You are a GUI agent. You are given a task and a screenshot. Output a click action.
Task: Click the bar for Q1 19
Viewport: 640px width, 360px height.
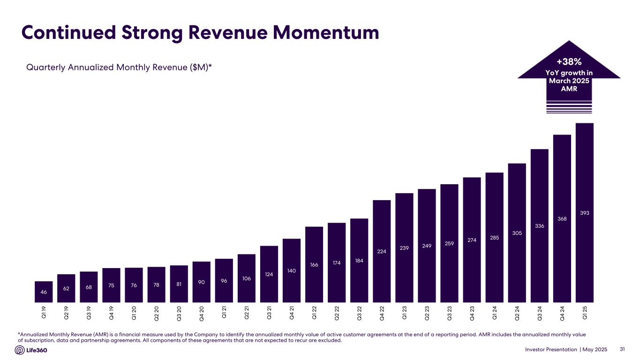[44, 292]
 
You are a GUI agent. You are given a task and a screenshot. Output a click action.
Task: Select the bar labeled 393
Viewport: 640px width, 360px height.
[584, 213]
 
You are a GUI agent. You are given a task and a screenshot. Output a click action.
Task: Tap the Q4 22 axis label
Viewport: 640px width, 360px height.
[382, 312]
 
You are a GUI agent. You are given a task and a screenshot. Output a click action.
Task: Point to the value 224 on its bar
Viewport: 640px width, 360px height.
[382, 251]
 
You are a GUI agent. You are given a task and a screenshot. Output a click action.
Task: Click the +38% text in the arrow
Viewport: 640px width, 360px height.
[569, 62]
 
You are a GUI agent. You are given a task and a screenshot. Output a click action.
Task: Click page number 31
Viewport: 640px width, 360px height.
[623, 349]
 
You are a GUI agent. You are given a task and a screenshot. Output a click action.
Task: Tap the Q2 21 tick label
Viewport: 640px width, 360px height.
[247, 312]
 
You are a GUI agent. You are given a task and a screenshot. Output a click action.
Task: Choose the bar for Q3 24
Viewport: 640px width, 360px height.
[539, 225]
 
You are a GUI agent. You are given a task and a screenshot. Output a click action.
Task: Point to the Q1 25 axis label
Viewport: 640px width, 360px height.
[584, 312]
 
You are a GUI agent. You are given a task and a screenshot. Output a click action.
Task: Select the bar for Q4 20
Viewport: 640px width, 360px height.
[201, 282]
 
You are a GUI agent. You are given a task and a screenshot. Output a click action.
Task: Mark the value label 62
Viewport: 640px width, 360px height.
[66, 289]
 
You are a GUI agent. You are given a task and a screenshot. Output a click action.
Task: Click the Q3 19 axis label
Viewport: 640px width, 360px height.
[89, 312]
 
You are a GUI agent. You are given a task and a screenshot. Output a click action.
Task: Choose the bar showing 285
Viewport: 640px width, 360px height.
[494, 238]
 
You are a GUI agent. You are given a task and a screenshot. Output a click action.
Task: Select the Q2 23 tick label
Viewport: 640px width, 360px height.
[427, 312]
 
